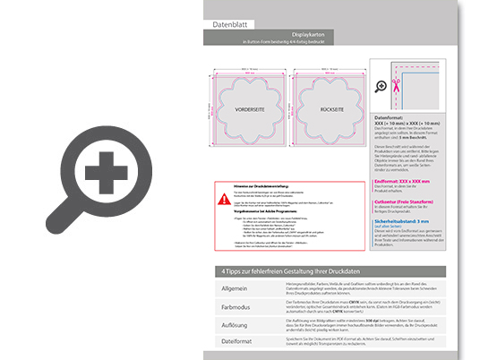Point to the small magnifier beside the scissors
(x=382, y=86)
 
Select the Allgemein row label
(x=236, y=288)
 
